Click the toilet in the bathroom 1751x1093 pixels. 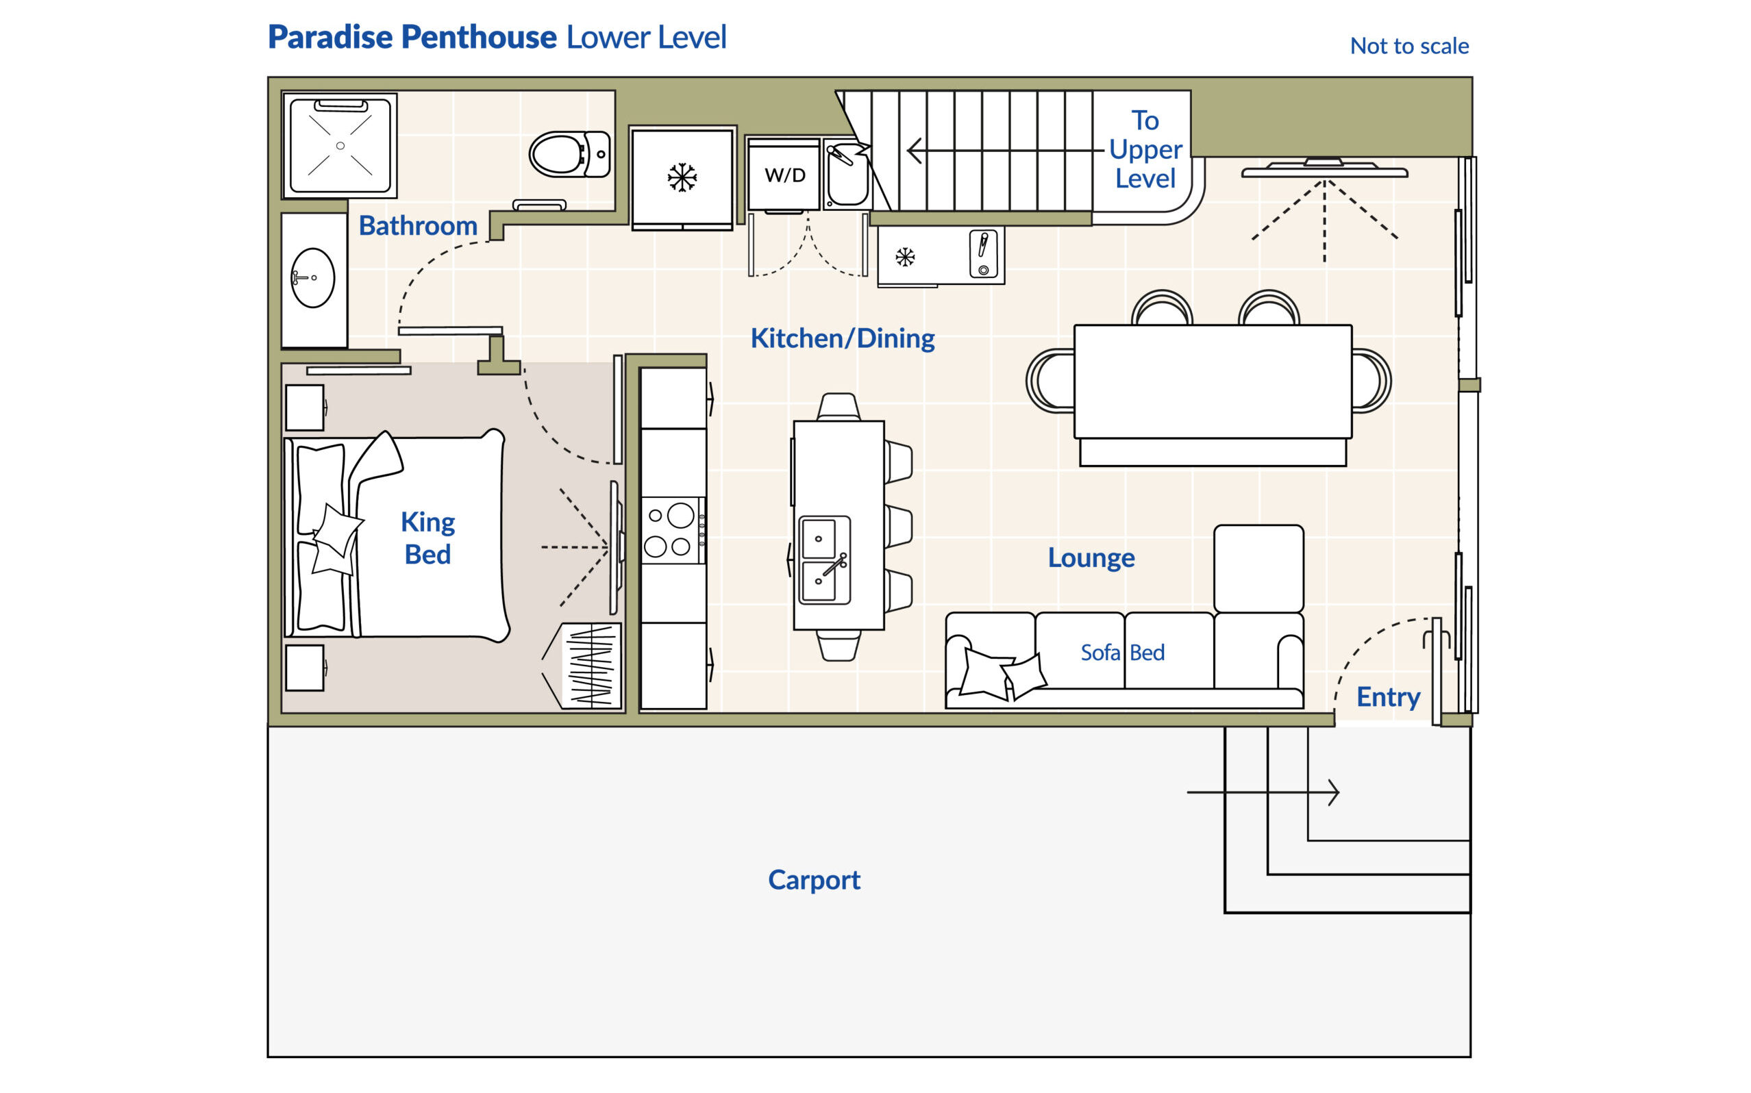coord(567,154)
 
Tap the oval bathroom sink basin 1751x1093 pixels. coord(312,277)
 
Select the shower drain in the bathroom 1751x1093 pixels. coord(340,145)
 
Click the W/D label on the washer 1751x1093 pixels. coord(784,175)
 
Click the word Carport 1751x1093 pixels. coord(813,880)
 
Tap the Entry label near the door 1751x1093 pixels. coord(1387,697)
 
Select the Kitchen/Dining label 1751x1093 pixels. coord(842,338)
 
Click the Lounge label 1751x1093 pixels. coord(1090,557)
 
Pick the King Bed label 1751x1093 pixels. coord(427,538)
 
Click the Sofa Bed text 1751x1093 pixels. coord(1122,652)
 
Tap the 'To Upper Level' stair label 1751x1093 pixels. coord(1145,149)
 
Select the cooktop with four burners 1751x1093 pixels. coord(671,531)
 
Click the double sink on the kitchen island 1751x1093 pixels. coord(823,560)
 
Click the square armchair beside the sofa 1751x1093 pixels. coord(1258,568)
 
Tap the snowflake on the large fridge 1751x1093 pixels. coord(681,177)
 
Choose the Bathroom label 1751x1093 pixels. coord(418,225)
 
